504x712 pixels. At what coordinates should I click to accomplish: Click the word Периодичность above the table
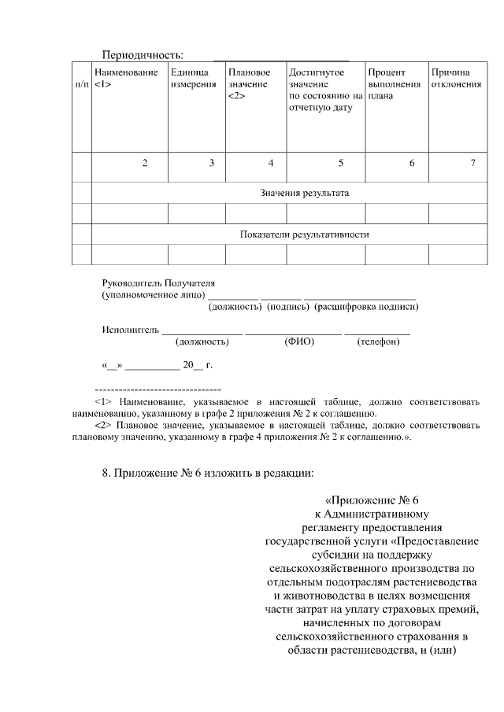(143, 54)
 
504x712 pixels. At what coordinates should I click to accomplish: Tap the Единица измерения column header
(192, 78)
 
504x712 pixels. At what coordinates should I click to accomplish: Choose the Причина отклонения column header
(455, 78)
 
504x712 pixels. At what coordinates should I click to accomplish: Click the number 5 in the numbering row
(340, 163)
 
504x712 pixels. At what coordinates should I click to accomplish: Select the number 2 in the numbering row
(144, 163)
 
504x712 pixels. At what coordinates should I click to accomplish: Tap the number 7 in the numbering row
(472, 163)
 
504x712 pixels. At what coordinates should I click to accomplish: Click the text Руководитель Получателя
(158, 282)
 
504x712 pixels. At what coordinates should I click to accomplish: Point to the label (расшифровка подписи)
(366, 306)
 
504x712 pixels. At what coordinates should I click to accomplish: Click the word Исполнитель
(131, 330)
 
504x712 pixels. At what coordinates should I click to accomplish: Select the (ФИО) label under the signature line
(299, 341)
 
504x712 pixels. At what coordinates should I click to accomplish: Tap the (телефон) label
(378, 341)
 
